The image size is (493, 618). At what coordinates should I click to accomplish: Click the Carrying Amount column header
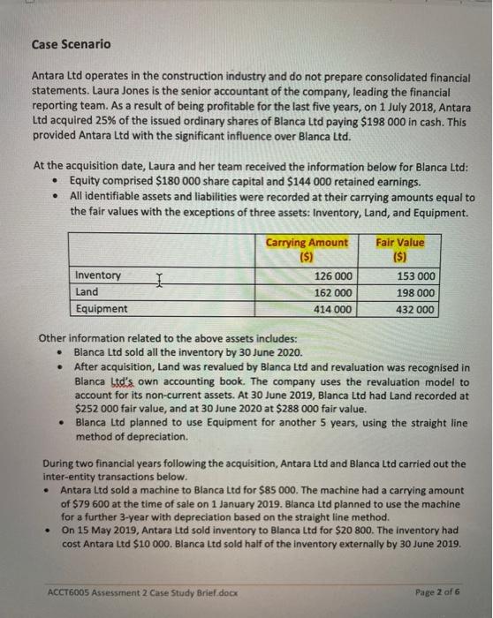(307, 248)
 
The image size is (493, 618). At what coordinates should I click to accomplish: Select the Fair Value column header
(399, 248)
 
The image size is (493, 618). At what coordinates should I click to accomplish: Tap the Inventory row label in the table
(99, 275)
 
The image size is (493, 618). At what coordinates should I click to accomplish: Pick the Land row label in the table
(87, 291)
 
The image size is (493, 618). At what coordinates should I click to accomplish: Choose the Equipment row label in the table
(102, 308)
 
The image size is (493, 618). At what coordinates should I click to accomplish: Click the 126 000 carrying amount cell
(333, 276)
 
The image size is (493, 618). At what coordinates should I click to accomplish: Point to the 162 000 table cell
(333, 292)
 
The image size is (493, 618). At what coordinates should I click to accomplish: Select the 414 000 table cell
(333, 309)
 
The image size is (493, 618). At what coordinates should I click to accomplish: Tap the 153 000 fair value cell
(415, 276)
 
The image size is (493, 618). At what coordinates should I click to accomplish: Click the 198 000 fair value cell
(415, 292)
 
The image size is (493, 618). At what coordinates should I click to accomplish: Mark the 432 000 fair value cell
(415, 309)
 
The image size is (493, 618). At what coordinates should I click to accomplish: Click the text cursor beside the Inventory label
(158, 277)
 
